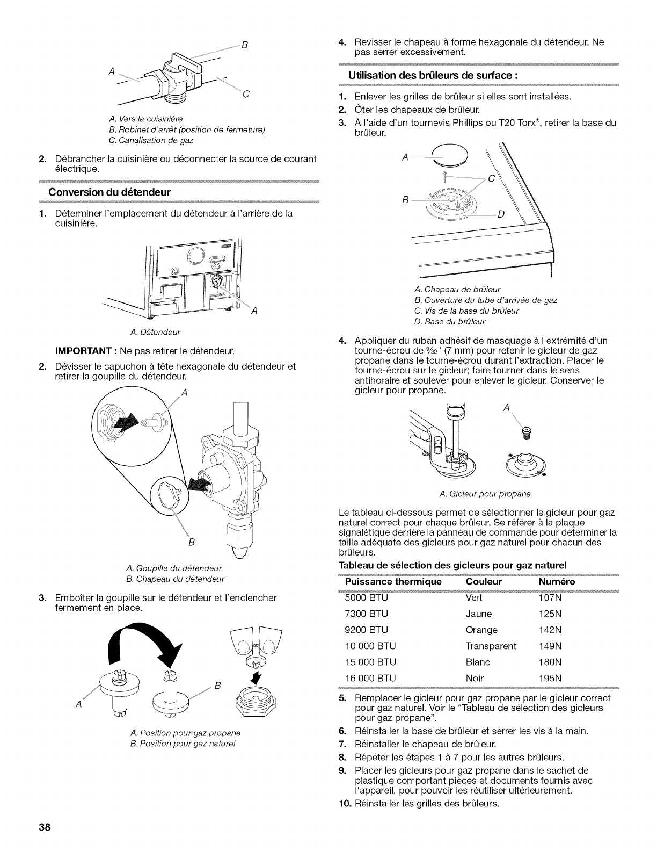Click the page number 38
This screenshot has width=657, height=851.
(44, 827)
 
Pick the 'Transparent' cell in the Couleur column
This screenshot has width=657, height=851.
(491, 646)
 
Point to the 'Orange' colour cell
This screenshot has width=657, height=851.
(481, 630)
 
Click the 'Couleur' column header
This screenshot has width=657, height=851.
(484, 582)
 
